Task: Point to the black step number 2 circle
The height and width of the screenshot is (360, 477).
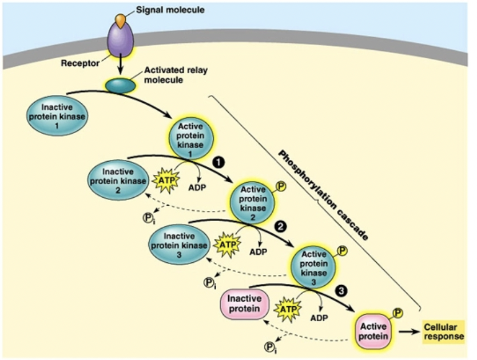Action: tap(280, 227)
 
